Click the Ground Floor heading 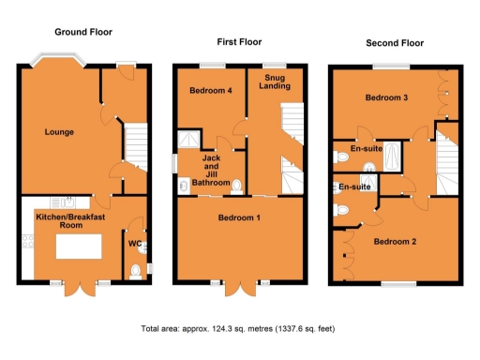click(x=82, y=32)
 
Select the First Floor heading click(x=239, y=42)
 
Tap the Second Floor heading click(x=395, y=42)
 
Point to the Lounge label click(x=59, y=132)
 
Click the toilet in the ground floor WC click(x=137, y=271)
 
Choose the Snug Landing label click(x=275, y=82)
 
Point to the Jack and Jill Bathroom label click(x=211, y=171)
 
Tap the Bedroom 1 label click(x=239, y=218)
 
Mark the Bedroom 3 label click(x=386, y=99)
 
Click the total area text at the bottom click(x=238, y=329)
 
